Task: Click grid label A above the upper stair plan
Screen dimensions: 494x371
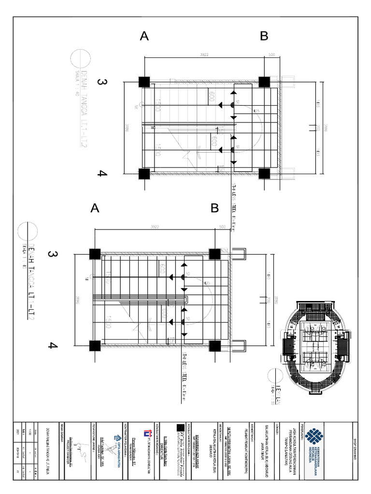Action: [x=144, y=36]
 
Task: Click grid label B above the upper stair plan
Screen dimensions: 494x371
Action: [x=264, y=36]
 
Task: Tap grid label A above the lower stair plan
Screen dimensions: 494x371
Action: [x=95, y=208]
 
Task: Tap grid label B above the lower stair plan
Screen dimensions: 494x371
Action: [x=214, y=208]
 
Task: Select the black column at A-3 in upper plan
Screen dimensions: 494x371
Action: [x=143, y=81]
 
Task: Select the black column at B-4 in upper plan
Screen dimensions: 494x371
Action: [x=263, y=173]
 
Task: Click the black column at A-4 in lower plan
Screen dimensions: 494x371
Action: [x=95, y=345]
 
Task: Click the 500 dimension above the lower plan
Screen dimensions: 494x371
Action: [x=223, y=226]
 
